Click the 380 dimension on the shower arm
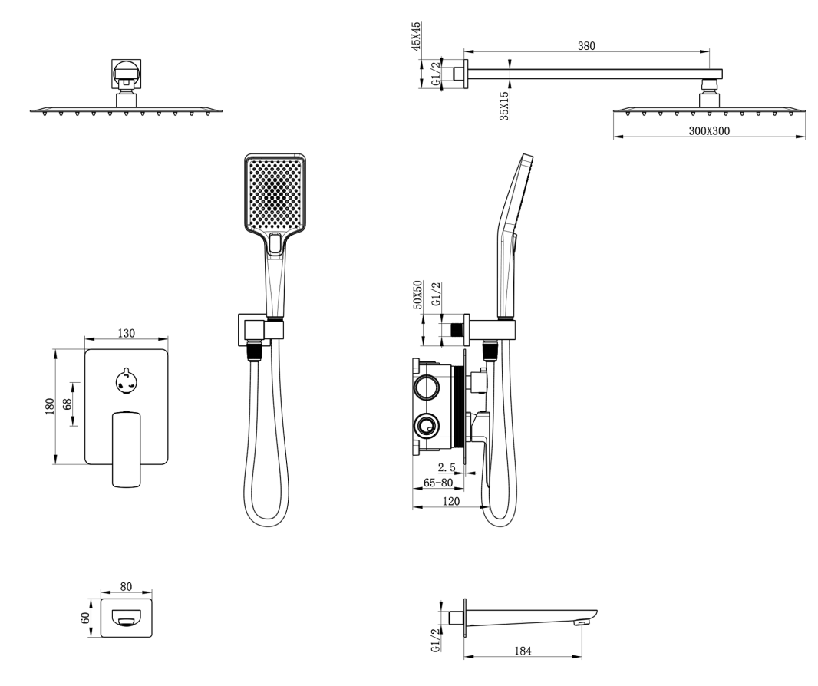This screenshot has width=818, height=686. click(x=586, y=45)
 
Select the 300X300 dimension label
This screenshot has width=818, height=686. click(x=708, y=131)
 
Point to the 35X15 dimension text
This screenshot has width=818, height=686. click(x=504, y=104)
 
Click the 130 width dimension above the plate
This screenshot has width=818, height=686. click(x=127, y=333)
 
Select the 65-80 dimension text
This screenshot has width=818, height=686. click(x=438, y=483)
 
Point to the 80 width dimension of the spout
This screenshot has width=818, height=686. click(x=127, y=587)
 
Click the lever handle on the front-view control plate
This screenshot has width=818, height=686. click(x=127, y=448)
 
